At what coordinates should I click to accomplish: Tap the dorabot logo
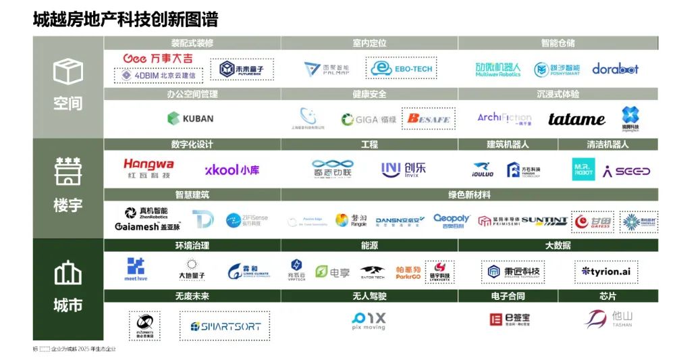pos(615,69)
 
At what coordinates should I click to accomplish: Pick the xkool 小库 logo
pos(232,170)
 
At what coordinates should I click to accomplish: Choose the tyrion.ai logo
pos(606,271)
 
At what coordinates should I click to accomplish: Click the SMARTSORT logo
pos(225,326)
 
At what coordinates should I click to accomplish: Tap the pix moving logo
pos(369,320)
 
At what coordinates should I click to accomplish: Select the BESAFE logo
pos(428,119)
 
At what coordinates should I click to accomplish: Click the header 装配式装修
pos(192,43)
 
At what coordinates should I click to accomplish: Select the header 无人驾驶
pos(369,296)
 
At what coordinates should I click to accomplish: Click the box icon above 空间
pos(67,72)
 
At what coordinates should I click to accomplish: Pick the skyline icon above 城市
pos(67,273)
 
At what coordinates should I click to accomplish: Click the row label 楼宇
pos(67,204)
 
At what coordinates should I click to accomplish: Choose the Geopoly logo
pos(451,221)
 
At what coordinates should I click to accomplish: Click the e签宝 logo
pos(510,319)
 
